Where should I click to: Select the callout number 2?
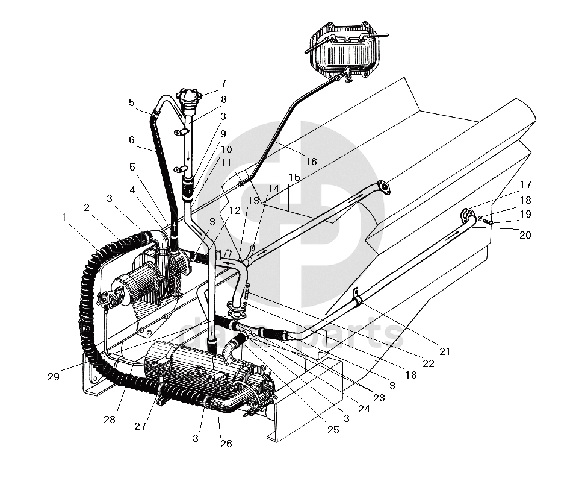coord(87,207)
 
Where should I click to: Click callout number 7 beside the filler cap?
coord(223,83)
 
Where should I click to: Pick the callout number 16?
coord(311,161)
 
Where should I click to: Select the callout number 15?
coord(294,177)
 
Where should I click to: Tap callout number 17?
coord(525,184)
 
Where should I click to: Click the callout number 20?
coord(525,235)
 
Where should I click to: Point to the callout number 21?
coord(445,351)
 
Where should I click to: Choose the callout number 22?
coord(428,363)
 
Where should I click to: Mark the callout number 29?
coord(54,377)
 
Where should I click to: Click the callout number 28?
coord(109,419)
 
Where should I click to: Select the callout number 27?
coord(140,426)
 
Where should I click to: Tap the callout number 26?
coord(226,444)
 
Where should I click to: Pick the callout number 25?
coord(333,430)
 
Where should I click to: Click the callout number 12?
coord(235,210)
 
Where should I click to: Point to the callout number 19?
coord(525,213)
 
